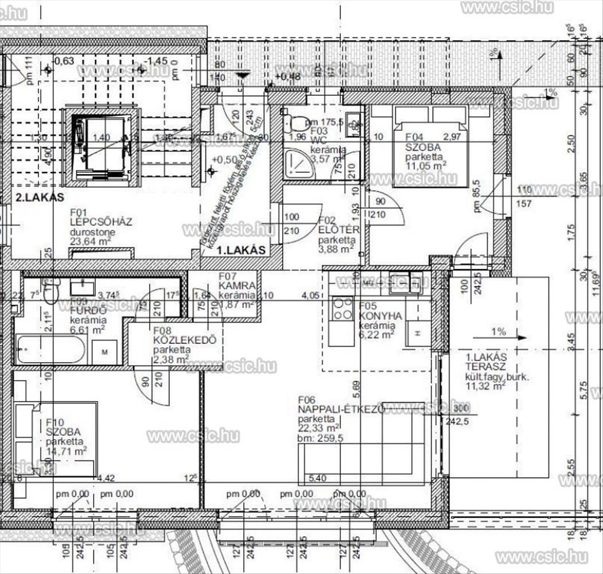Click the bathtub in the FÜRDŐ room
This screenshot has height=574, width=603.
(x=51, y=350)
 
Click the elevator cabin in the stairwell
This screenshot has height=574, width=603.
(x=101, y=146)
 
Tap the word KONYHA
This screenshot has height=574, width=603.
(x=380, y=316)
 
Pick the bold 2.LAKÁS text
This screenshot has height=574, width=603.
(x=39, y=197)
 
